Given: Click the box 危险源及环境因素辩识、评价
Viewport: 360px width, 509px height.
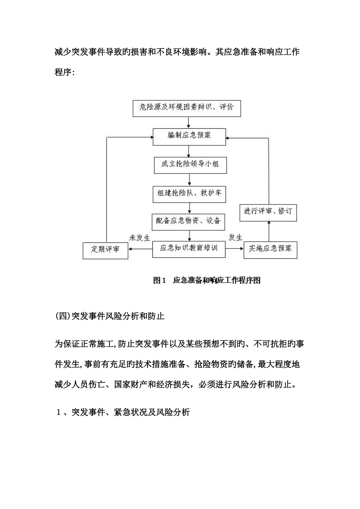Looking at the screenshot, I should click(x=186, y=108).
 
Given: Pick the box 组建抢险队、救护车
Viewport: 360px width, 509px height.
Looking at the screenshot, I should click(x=189, y=193).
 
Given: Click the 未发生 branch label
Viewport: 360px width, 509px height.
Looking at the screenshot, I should click(x=139, y=238).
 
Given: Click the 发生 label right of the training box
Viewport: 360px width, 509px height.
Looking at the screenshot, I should click(x=235, y=238).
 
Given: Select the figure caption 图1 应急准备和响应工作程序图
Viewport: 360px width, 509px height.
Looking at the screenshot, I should click(x=207, y=281).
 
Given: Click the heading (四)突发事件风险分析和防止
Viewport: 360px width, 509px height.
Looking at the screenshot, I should click(x=110, y=316).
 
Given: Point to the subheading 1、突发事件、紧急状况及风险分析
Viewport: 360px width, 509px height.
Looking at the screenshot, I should click(x=122, y=412).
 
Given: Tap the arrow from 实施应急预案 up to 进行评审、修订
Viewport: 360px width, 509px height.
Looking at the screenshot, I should click(x=269, y=231).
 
